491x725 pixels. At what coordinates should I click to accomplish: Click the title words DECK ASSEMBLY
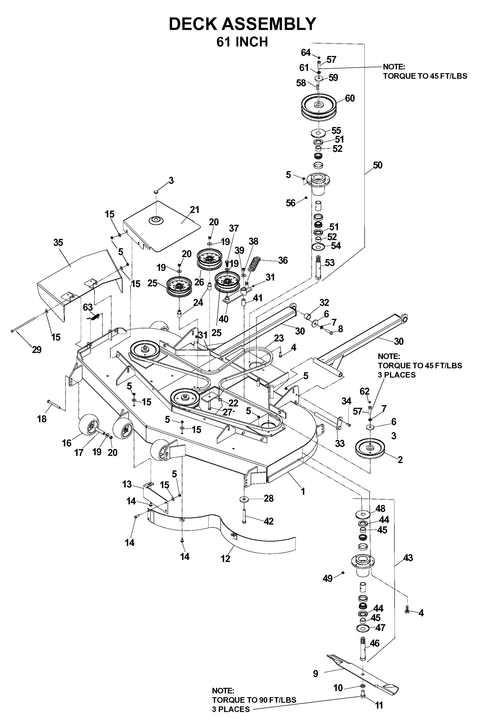242,24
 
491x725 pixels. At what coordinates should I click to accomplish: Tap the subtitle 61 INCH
242,42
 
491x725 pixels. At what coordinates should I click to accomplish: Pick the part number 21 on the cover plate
195,210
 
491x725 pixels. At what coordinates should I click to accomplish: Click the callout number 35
58,242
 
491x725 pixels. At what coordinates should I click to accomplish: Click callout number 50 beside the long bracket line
377,165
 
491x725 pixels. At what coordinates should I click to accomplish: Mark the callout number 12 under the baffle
225,558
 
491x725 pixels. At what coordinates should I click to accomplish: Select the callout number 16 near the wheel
66,443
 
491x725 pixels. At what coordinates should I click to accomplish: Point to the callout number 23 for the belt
279,338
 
